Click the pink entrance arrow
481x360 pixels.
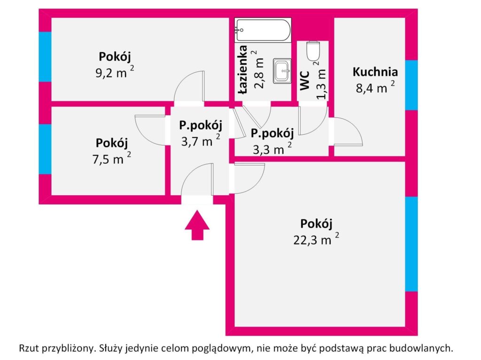pyautogui.click(x=197, y=225)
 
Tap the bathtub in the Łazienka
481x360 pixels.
pyautogui.click(x=263, y=30)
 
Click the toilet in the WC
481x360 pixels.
pyautogui.click(x=312, y=51)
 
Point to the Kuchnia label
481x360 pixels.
pyautogui.click(x=375, y=72)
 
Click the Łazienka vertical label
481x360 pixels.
pyautogui.click(x=242, y=70)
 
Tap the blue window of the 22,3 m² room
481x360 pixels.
pyautogui.click(x=411, y=244)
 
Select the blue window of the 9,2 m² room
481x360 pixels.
pyautogui.click(x=45, y=56)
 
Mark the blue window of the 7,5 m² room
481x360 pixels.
pyautogui.click(x=45, y=149)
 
